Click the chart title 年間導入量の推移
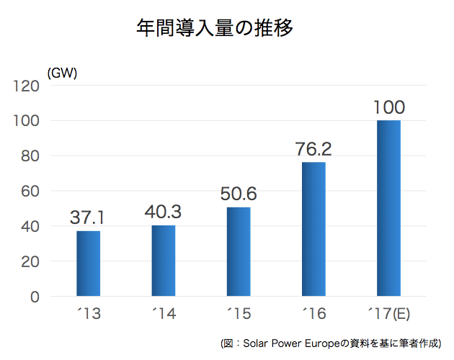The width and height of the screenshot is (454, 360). (x=215, y=28)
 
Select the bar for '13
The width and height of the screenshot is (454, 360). (x=88, y=264)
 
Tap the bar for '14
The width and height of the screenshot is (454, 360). (x=163, y=261)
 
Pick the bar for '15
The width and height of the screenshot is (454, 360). (x=239, y=251)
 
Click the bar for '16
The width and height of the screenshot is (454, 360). (x=313, y=229)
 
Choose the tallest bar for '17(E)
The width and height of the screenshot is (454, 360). (x=388, y=208)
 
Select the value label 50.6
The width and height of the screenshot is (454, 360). (x=239, y=194)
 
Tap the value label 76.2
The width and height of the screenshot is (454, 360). (x=313, y=149)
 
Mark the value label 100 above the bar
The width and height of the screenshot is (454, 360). (x=389, y=108)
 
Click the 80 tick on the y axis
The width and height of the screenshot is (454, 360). (x=30, y=156)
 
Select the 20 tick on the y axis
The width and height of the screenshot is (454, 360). (x=30, y=262)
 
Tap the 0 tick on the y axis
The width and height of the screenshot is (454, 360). (x=34, y=297)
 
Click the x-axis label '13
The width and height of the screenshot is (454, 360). (x=88, y=315)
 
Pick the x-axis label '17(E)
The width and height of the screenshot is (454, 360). (x=388, y=315)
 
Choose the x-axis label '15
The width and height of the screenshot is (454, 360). (x=239, y=315)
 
